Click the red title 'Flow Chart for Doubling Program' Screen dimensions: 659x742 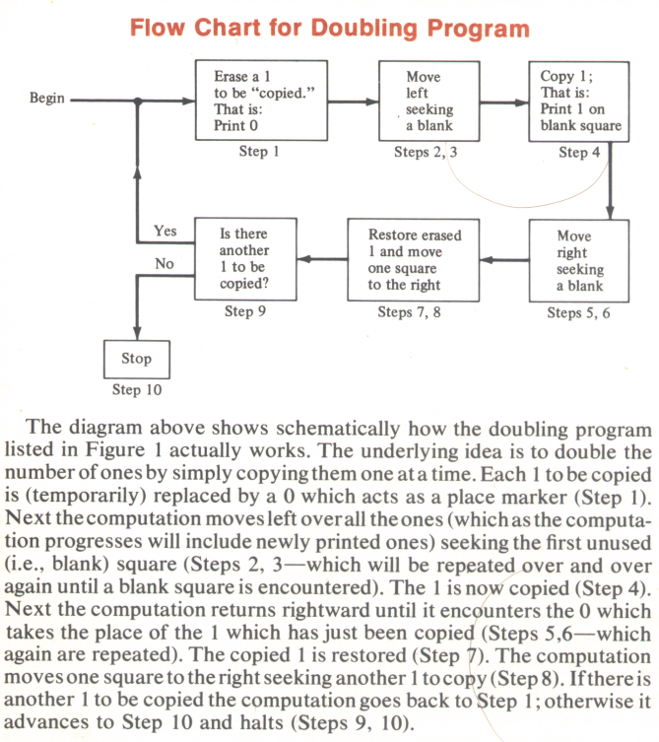[330, 29]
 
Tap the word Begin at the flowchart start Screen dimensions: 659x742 [47, 98]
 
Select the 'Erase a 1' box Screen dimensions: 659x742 [262, 101]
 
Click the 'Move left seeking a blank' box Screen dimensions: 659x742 [429, 101]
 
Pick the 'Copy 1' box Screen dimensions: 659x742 [579, 101]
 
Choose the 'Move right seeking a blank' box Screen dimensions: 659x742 [579, 261]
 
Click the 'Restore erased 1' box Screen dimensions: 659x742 [414, 260]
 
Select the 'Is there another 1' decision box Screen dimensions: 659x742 [246, 259]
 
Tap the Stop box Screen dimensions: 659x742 [137, 359]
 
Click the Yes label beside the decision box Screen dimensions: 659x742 [165, 231]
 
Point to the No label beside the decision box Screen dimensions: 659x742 [165, 263]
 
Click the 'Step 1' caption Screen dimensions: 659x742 [259, 152]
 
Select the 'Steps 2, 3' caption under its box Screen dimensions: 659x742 [426, 152]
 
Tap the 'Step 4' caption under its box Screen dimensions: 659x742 [579, 153]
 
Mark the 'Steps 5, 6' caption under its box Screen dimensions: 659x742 [578, 312]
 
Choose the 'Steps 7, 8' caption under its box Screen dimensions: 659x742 [409, 312]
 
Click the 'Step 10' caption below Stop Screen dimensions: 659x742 [137, 390]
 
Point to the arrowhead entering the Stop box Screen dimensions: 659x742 [137, 334]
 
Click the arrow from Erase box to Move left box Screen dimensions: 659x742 [354, 101]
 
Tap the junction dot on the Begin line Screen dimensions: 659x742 [138, 101]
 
